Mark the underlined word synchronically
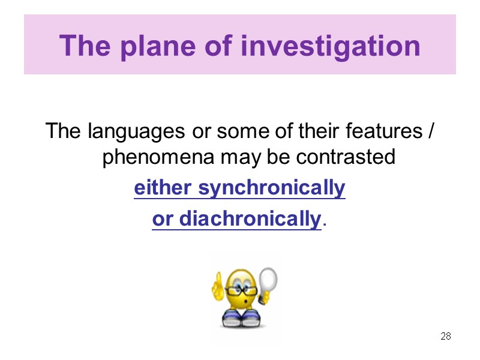[272, 188]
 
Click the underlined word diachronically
[250, 220]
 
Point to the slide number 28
[445, 336]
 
